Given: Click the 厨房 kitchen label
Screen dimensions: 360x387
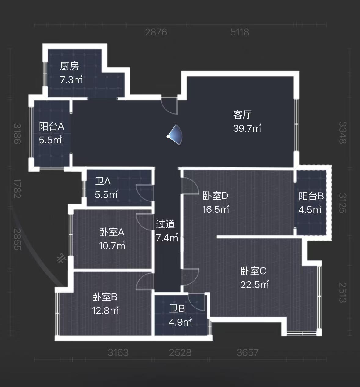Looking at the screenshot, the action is tap(69, 66).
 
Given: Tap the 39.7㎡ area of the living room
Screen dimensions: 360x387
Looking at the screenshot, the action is tap(247, 128).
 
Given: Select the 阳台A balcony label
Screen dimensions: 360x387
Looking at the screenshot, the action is tap(52, 127).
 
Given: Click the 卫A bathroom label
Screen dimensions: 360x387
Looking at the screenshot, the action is tap(103, 181).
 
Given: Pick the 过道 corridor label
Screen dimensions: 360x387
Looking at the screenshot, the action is tap(165, 224).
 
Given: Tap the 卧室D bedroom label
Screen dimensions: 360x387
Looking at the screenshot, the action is tap(215, 196).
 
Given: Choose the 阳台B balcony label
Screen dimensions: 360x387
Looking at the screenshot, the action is tap(311, 196).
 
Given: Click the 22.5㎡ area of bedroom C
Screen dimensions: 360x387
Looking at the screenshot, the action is tap(255, 285).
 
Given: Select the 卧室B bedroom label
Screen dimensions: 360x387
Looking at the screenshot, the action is tap(105, 297).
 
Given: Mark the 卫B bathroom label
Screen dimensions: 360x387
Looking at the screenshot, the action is tap(177, 309).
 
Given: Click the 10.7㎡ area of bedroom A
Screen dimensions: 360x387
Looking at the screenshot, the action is tap(112, 246).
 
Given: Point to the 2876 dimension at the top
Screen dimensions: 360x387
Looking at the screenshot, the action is tap(156, 32).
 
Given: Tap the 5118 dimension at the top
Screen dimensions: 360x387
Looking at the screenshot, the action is tap(239, 32).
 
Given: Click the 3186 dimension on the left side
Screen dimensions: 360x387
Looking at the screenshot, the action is tap(17, 134).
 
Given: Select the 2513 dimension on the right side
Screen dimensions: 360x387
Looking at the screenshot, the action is tap(343, 293).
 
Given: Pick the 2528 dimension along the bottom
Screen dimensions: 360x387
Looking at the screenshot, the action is tap(180, 353).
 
